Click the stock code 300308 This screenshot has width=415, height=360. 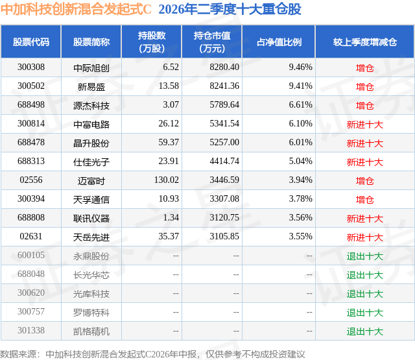[x=31, y=67]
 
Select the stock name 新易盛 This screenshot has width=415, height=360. [x=91, y=86]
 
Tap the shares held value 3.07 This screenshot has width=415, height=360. [x=171, y=105]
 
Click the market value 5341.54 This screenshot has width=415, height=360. [x=224, y=124]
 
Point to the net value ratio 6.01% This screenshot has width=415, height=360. [x=300, y=143]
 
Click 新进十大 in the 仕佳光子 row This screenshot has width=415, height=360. [x=364, y=162]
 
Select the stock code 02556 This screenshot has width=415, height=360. [x=31, y=180]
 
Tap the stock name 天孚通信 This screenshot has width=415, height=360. [x=91, y=199]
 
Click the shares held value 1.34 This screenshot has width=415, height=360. [x=171, y=217]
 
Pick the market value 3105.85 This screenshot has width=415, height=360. [x=224, y=236]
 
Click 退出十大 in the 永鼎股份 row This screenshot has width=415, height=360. [x=364, y=256]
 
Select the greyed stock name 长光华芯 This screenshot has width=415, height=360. [x=91, y=275]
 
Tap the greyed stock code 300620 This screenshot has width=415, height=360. [x=31, y=293]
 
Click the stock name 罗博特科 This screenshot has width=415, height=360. [x=91, y=313]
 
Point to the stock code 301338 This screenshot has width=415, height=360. [x=31, y=330]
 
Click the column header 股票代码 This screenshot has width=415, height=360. [x=31, y=42]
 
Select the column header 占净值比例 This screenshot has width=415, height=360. [x=279, y=42]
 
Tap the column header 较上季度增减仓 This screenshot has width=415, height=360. [x=364, y=42]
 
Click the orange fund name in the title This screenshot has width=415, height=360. [x=76, y=9]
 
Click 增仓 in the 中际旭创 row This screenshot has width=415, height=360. [x=364, y=68]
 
